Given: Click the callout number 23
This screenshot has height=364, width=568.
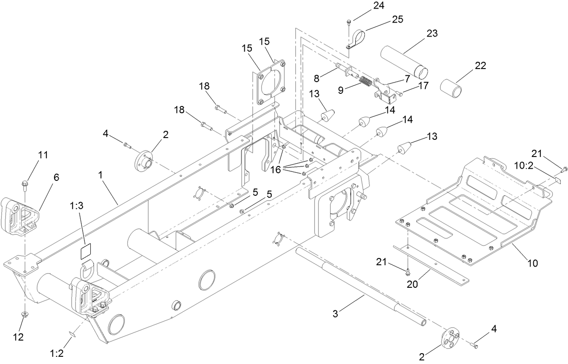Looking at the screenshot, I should click(x=432, y=33).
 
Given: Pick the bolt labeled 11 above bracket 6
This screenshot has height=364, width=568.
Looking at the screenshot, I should click(x=25, y=183).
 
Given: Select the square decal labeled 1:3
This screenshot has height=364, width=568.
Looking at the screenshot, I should click(x=86, y=251).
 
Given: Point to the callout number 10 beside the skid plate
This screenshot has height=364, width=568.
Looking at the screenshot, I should click(x=533, y=263).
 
